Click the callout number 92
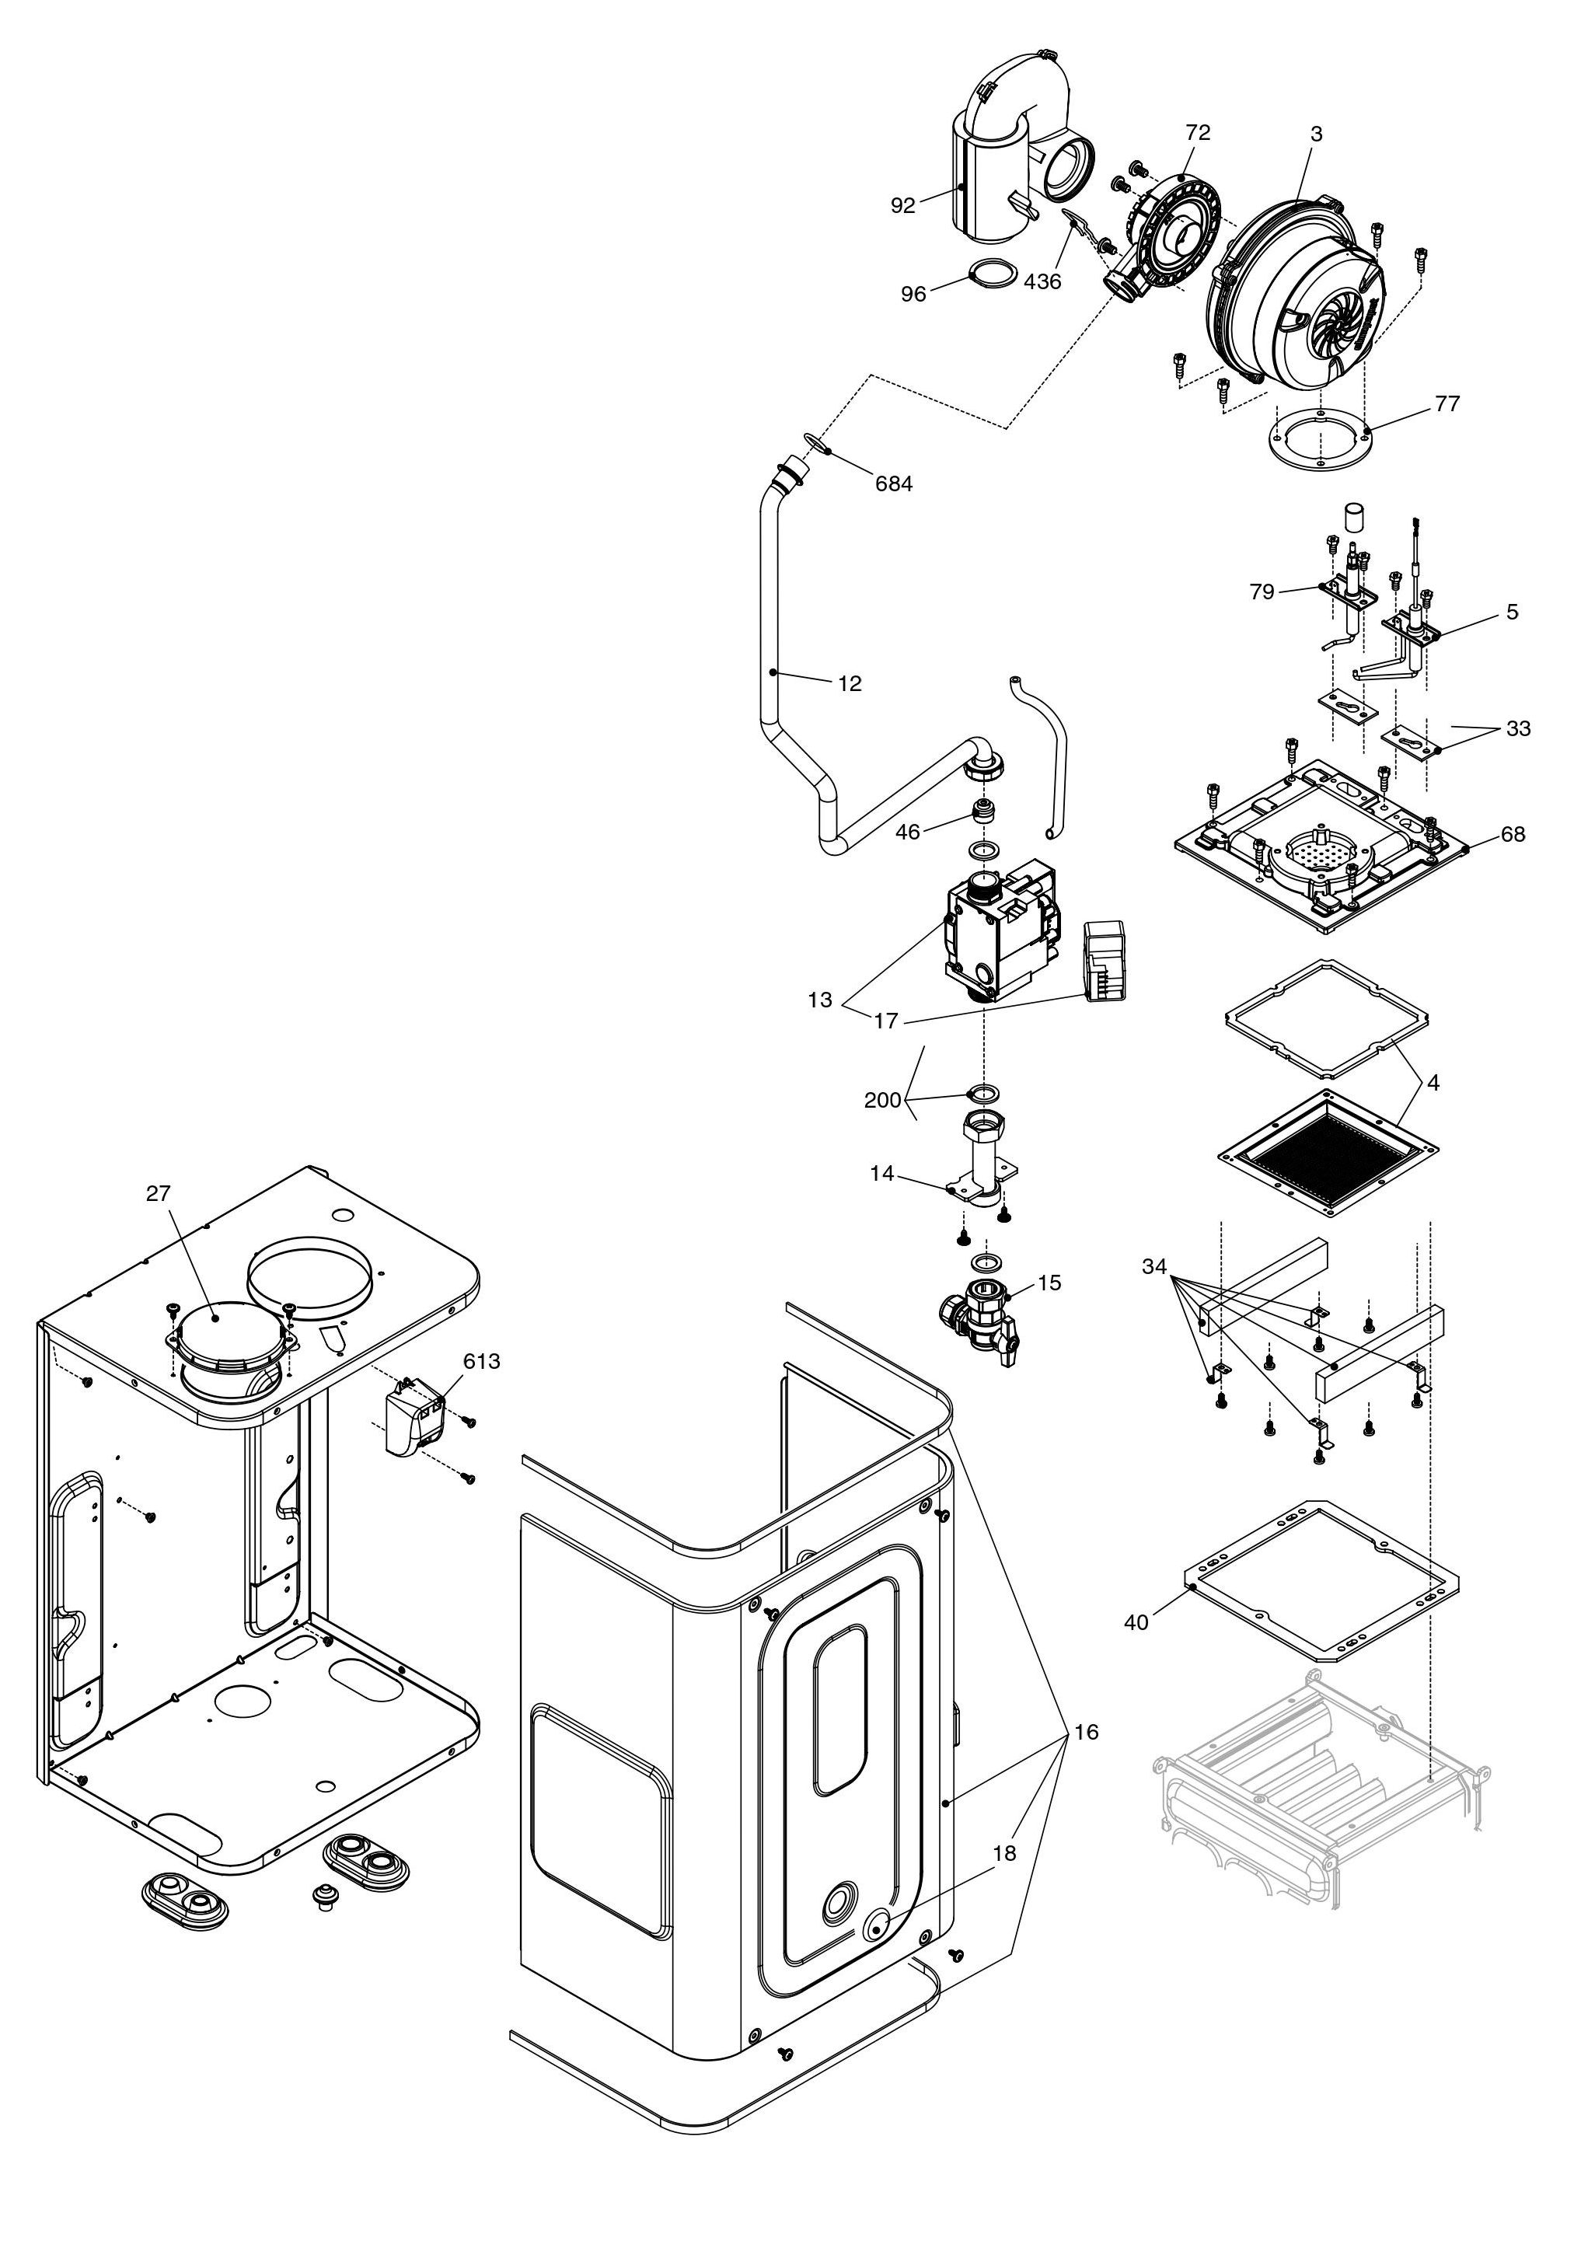tap(902, 205)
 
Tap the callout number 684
tap(894, 483)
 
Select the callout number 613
tap(481, 1361)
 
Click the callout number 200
tap(881, 1100)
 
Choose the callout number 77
tap(1447, 403)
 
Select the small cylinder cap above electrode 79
tap(1355, 518)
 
